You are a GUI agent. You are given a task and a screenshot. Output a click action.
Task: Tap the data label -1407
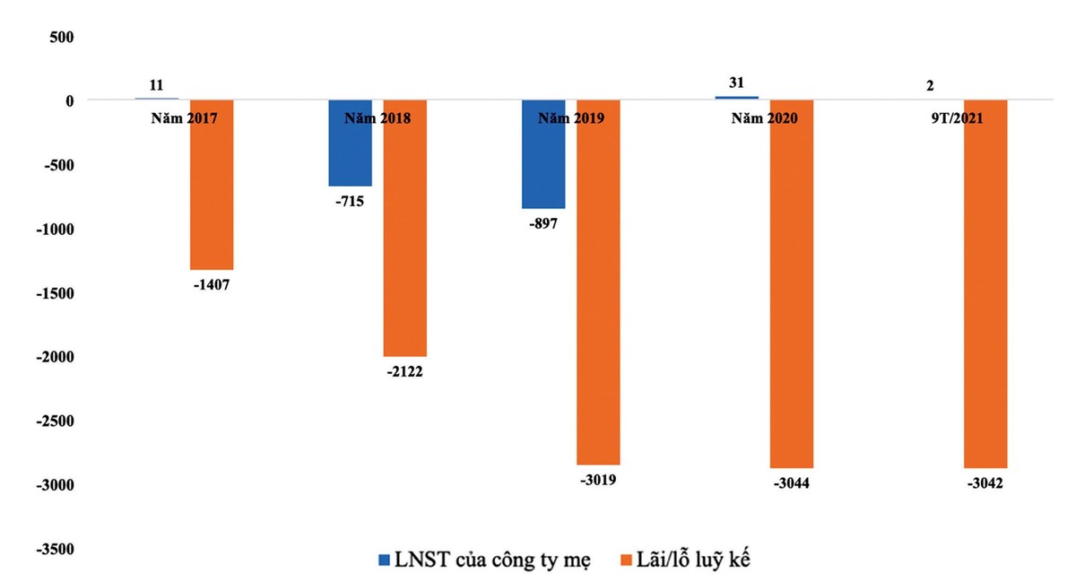[x=211, y=286]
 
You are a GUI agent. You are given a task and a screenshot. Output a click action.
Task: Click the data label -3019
[x=597, y=480]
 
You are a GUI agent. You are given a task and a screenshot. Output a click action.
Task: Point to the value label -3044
[x=791, y=484]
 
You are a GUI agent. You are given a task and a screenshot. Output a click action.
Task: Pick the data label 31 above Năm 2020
[x=736, y=83]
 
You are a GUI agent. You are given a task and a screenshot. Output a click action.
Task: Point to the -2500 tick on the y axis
[x=55, y=421]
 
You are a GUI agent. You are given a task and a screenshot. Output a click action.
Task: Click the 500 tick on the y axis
[x=61, y=37]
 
